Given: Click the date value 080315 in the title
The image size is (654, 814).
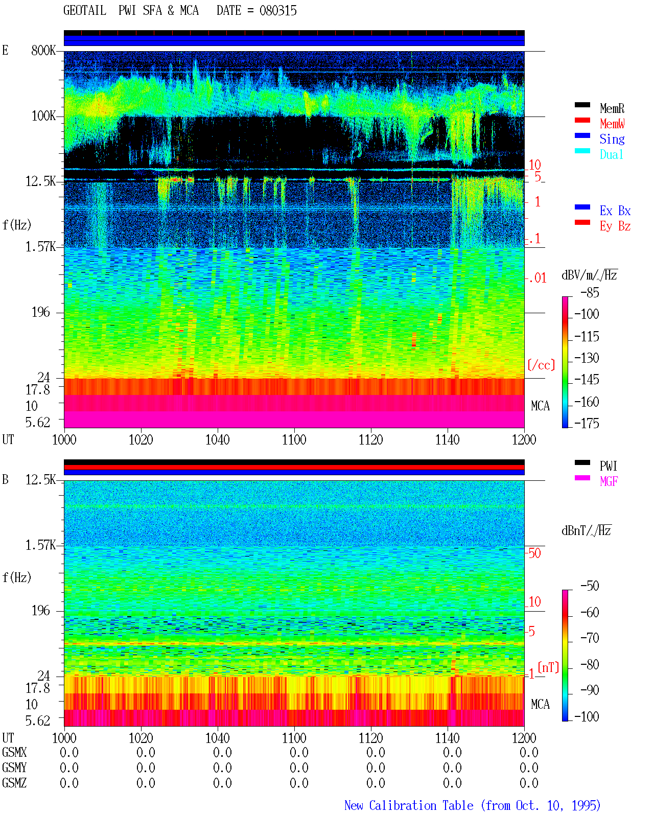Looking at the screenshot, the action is (278, 10).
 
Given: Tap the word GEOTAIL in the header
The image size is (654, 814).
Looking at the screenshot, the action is (85, 10).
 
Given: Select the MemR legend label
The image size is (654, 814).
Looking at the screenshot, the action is (612, 108).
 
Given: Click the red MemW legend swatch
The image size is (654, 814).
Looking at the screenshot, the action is (582, 120).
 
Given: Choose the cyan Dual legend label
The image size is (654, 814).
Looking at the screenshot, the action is (611, 154).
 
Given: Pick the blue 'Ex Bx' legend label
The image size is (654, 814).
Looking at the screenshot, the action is (615, 211).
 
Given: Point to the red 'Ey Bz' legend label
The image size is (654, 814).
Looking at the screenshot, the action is (615, 226).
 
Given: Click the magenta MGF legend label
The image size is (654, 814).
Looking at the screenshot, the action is (609, 481).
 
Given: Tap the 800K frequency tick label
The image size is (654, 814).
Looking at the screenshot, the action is (43, 50).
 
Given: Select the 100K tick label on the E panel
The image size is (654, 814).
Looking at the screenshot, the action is (43, 116).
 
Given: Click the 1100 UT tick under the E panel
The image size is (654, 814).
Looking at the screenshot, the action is (294, 439).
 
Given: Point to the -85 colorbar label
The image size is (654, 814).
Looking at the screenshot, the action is (590, 292).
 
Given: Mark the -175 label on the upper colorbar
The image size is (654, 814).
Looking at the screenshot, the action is (587, 423).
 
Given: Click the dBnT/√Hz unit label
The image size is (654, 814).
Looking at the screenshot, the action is (586, 530).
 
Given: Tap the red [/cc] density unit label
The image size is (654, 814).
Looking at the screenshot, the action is (541, 365).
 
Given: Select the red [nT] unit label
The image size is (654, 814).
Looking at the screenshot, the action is (548, 667).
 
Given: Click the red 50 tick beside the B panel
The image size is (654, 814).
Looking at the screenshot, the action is (534, 553).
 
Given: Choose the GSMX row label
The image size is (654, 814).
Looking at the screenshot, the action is (14, 752).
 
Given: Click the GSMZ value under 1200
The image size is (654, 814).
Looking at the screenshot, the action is (529, 783).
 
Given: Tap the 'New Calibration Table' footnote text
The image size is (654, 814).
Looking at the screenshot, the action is (409, 805).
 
